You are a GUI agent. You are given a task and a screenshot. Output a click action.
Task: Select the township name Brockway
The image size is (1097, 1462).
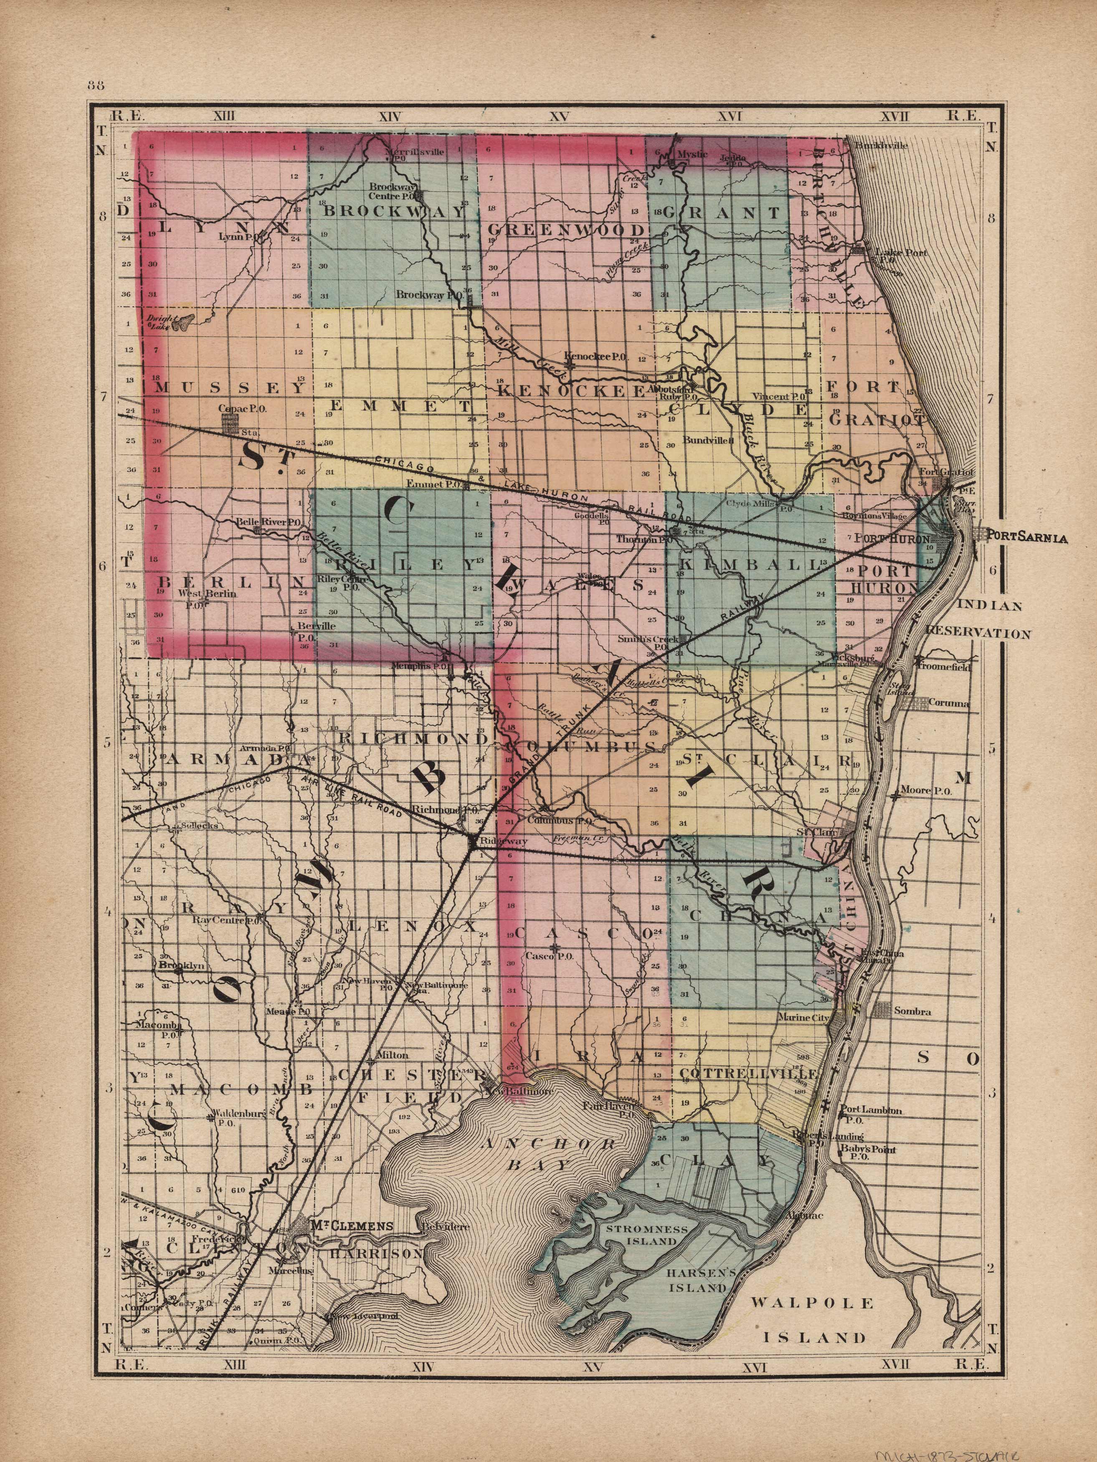[395, 211]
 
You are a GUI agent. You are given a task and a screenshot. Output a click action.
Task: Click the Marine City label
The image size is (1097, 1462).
[803, 1018]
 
